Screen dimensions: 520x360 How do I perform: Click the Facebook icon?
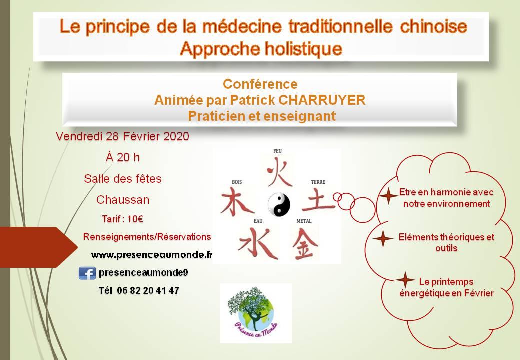87,273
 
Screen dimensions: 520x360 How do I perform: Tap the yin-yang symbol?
279,204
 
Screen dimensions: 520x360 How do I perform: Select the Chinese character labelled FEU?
279,171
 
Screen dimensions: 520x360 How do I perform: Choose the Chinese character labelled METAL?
305,244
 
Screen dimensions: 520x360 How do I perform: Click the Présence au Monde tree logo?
255,313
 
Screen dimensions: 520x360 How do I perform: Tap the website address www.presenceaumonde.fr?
152,255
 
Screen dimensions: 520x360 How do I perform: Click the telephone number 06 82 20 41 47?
148,290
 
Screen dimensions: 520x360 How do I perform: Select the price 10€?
135,219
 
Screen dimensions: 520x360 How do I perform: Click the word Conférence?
260,84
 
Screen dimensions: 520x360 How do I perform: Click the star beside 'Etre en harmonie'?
388,195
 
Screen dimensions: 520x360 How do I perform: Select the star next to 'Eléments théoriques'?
383,238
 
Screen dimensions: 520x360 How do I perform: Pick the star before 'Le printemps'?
405,280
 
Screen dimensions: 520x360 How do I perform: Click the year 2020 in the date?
176,136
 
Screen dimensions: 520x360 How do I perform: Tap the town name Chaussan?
123,200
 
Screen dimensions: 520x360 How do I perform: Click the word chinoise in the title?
434,26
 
